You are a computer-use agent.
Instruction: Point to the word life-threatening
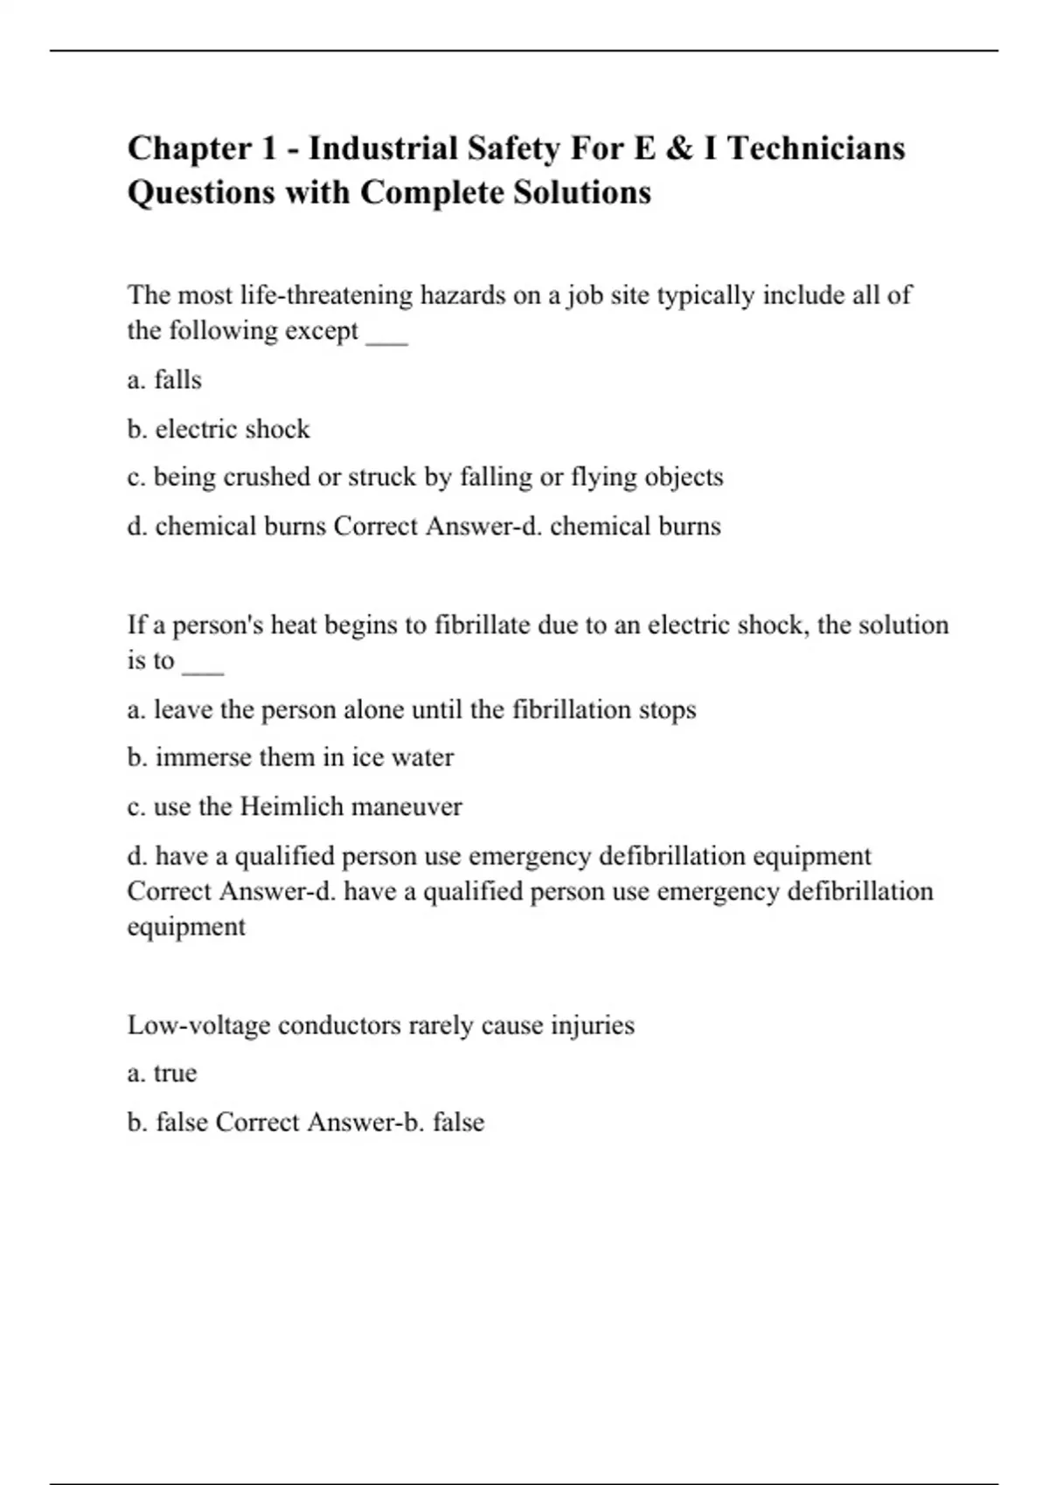pyautogui.click(x=326, y=295)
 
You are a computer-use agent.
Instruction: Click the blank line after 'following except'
pyautogui.click(x=386, y=335)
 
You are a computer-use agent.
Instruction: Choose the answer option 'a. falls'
pyautogui.click(x=164, y=380)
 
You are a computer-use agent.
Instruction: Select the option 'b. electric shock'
pyautogui.click(x=219, y=429)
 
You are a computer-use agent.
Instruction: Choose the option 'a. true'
pyautogui.click(x=162, y=1073)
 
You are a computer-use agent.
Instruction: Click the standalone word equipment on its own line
pyautogui.click(x=186, y=927)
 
